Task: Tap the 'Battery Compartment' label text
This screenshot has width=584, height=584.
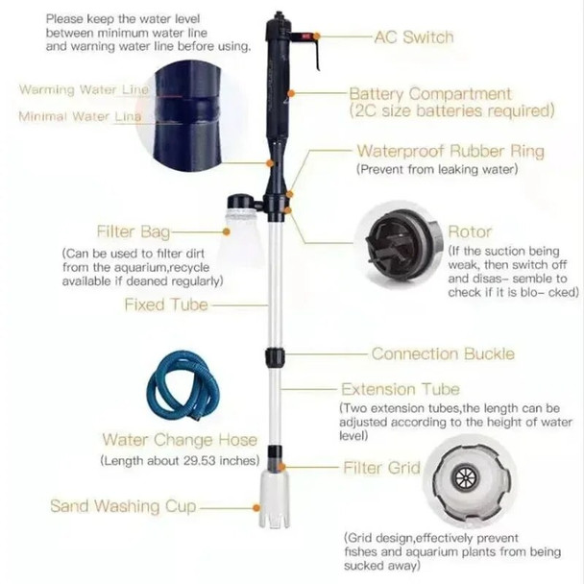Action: [429, 94]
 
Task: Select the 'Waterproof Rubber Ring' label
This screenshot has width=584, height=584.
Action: [450, 151]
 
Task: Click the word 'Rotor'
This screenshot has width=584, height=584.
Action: [470, 231]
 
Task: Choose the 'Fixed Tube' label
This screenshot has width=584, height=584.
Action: [166, 304]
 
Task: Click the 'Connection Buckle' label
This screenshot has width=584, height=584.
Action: [443, 353]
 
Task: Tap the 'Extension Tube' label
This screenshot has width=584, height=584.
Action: [406, 390]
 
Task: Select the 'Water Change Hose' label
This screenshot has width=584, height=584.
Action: [180, 440]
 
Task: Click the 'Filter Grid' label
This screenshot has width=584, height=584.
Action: [381, 468]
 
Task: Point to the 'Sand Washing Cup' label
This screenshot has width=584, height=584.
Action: [123, 505]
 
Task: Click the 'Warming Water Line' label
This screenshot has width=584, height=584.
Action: [85, 89]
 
